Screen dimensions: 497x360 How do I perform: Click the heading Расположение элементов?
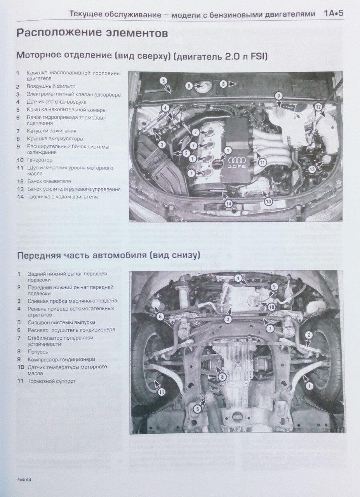coord(92,33)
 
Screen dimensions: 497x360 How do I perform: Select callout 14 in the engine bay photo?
coord(229,203)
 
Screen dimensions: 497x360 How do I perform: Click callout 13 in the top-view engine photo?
coord(313,169)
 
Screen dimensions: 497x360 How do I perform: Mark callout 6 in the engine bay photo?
coord(189,85)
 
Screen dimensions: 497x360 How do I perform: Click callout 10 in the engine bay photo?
coord(268,201)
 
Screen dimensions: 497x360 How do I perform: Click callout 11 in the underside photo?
coord(162,392)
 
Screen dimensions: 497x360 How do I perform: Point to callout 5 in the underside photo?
coord(198,408)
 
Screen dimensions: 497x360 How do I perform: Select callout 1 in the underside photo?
coord(309,386)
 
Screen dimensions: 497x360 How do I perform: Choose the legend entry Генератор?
coord(40,160)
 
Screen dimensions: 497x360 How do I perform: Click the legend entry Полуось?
coord(38,352)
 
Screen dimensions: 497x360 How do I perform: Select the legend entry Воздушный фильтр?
coord(51,86)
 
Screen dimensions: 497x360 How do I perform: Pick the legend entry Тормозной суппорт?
coord(52,381)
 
